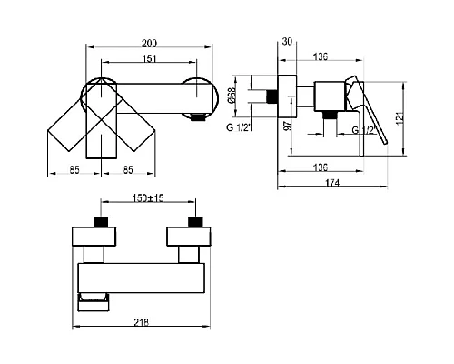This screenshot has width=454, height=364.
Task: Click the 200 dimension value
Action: [149, 43]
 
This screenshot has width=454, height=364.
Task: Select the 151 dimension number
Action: [149, 58]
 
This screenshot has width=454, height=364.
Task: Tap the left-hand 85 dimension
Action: [74, 170]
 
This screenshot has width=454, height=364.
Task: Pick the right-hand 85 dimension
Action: [128, 170]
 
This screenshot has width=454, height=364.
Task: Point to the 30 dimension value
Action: [287, 41]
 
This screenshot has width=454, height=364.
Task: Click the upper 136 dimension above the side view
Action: [321, 56]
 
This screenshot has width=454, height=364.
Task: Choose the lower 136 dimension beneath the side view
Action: [321, 167]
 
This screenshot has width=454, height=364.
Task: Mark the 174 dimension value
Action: [332, 183]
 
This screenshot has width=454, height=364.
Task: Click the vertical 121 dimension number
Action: [400, 117]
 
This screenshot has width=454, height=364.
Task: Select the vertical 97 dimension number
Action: [288, 125]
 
